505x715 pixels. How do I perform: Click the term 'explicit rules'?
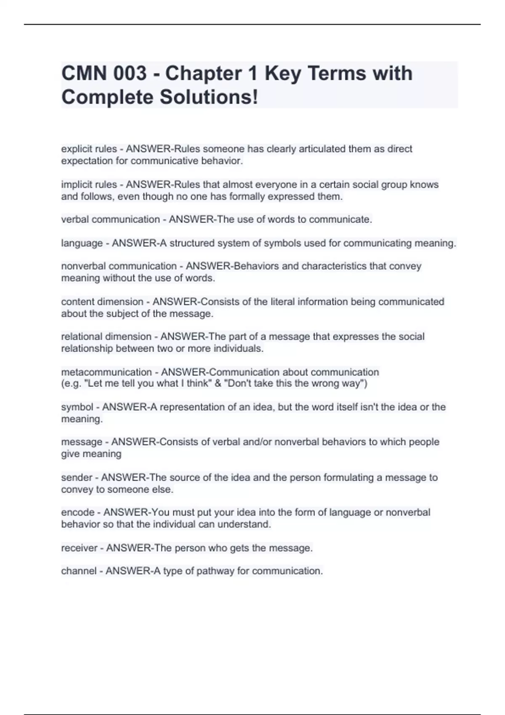(89, 149)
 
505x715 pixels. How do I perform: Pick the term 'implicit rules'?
(89, 185)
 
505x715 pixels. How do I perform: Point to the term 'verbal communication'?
(110, 220)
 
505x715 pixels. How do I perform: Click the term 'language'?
(82, 243)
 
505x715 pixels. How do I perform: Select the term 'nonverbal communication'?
(119, 266)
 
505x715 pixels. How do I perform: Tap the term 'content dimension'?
(102, 302)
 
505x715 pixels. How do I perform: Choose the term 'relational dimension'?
(106, 336)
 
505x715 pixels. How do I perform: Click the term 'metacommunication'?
(106, 372)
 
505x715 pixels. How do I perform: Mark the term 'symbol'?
(77, 407)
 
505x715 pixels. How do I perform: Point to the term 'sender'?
(77, 477)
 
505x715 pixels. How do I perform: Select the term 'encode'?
(78, 512)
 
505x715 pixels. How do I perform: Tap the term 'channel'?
(79, 571)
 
